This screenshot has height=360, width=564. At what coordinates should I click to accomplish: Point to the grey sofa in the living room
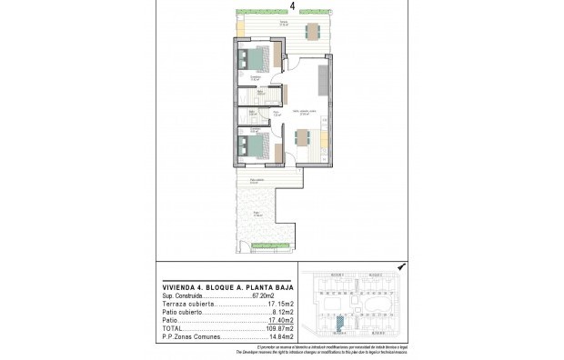323,79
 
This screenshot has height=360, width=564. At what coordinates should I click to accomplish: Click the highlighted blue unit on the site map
338,322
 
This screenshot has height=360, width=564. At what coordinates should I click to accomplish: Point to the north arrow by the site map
401,265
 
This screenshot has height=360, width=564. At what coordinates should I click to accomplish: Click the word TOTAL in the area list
172,328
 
